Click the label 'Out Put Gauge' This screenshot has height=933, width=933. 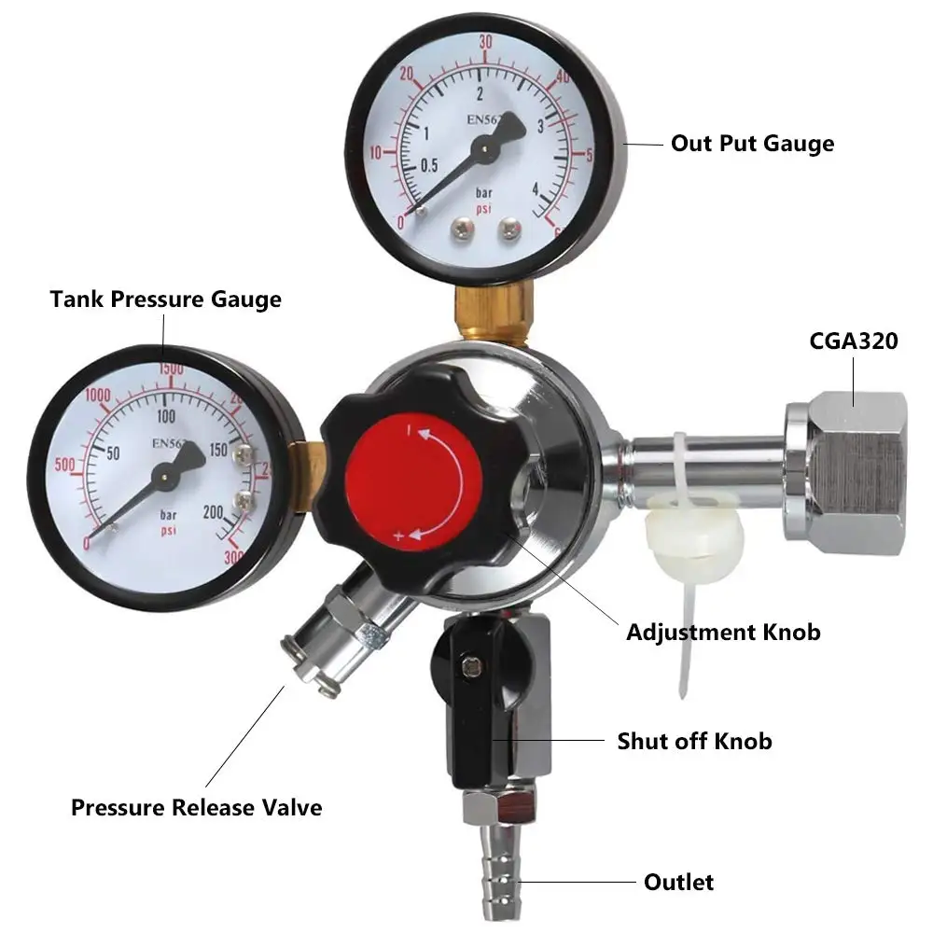tap(752, 144)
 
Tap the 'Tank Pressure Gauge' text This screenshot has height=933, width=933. tap(165, 299)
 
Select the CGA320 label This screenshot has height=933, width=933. tap(853, 341)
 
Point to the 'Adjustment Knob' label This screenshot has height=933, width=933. tap(723, 632)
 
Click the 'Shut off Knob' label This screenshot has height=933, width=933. tap(694, 741)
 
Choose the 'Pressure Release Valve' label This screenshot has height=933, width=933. tap(196, 807)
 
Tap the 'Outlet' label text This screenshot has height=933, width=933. tap(678, 882)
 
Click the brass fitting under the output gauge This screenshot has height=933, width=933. tap(492, 313)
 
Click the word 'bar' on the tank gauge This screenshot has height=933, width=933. tap(169, 515)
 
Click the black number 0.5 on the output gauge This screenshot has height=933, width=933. tap(428, 166)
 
